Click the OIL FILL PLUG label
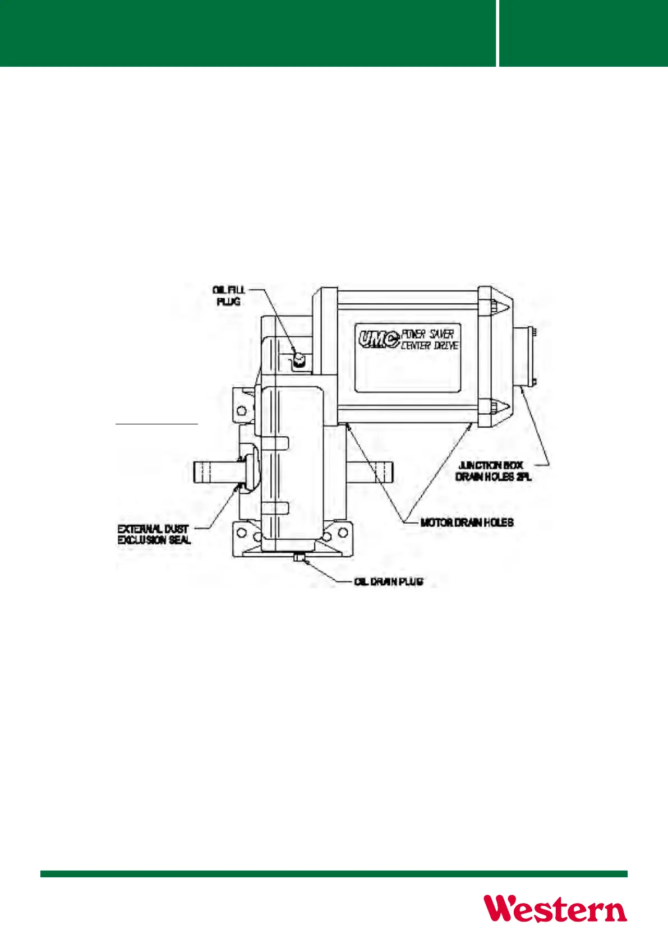coord(229,296)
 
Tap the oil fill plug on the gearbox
coord(299,359)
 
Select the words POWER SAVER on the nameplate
coord(427,334)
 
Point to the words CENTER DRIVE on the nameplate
coord(430,345)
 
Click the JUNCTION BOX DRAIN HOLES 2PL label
coord(494,471)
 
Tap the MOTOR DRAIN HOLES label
coord(467,522)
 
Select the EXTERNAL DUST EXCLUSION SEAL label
coord(154,534)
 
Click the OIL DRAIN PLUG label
coord(389,581)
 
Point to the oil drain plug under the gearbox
coord(299,557)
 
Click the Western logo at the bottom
coord(555,909)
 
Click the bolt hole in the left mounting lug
coord(242,410)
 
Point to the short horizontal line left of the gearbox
coord(156,424)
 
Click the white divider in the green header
coord(497,33)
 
